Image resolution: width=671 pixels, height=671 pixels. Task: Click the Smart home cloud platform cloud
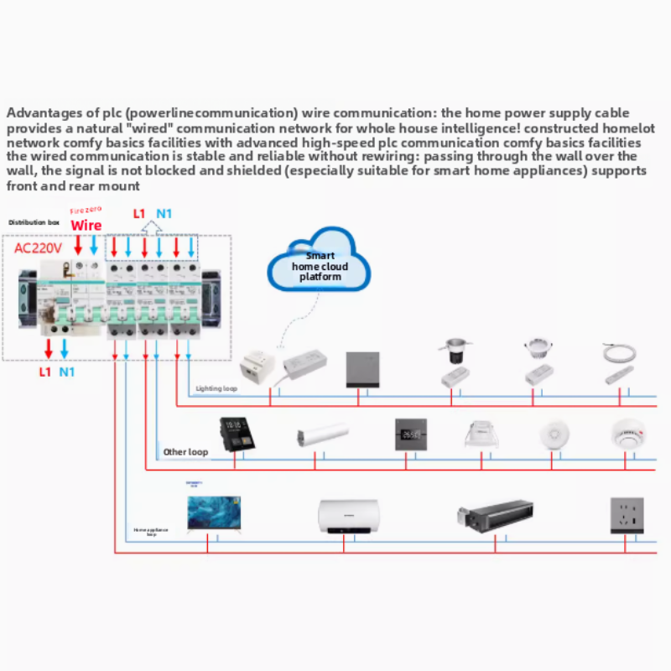click(x=319, y=265)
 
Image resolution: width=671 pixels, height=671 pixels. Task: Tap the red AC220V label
click(x=39, y=248)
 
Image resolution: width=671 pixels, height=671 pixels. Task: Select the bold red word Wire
click(x=86, y=226)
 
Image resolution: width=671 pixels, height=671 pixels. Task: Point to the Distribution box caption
click(x=34, y=222)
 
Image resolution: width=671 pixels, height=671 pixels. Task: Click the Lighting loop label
click(x=216, y=388)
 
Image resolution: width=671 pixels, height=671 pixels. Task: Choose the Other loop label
click(x=185, y=452)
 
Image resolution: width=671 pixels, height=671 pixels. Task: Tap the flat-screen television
click(x=214, y=513)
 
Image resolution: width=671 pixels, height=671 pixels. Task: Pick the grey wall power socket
click(x=627, y=515)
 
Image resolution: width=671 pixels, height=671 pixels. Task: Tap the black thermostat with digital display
click(x=411, y=436)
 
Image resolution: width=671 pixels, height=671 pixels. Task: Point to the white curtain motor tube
click(x=321, y=436)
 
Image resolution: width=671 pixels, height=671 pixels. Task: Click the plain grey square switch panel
click(x=363, y=368)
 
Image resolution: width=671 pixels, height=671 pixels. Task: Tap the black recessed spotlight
click(x=453, y=350)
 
